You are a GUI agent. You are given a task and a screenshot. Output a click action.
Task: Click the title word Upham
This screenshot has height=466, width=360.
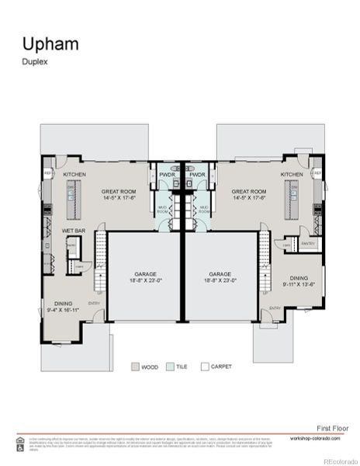click(50, 43)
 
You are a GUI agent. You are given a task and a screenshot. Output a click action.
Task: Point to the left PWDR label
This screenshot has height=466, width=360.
click(168, 176)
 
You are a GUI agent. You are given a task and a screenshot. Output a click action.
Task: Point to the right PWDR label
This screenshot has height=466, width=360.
click(196, 176)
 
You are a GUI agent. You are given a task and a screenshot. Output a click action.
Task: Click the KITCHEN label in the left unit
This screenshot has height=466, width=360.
click(74, 176)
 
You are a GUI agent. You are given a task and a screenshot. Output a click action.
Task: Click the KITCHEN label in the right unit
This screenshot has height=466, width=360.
click(292, 176)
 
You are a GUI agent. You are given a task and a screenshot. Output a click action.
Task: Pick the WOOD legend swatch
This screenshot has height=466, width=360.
click(135, 366)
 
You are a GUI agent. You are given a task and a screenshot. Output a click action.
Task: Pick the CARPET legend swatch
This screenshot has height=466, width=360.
click(205, 366)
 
